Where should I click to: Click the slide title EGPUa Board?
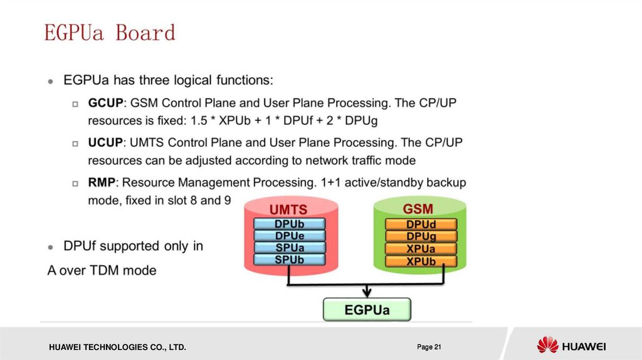[x=110, y=33]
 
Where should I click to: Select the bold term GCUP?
[x=105, y=103]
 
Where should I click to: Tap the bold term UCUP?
[x=105, y=142]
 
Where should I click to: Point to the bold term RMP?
[x=102, y=183]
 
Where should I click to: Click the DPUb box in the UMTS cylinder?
[x=290, y=224]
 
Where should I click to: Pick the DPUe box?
[x=290, y=236]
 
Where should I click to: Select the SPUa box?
[x=290, y=248]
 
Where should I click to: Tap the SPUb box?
[x=290, y=260]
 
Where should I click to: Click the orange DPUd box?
[x=421, y=225]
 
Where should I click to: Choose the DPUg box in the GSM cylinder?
[x=421, y=236]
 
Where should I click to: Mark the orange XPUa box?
[x=421, y=249]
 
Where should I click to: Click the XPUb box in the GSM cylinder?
[x=421, y=262]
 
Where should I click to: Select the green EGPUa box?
[x=367, y=310]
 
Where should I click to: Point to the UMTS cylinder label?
[x=288, y=209]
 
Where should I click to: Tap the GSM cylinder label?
[x=418, y=209]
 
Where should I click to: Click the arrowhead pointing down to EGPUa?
[x=367, y=292]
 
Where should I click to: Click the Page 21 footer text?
[x=429, y=347]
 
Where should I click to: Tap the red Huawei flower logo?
[x=548, y=344]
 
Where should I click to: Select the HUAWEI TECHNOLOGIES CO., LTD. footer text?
[x=117, y=347]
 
